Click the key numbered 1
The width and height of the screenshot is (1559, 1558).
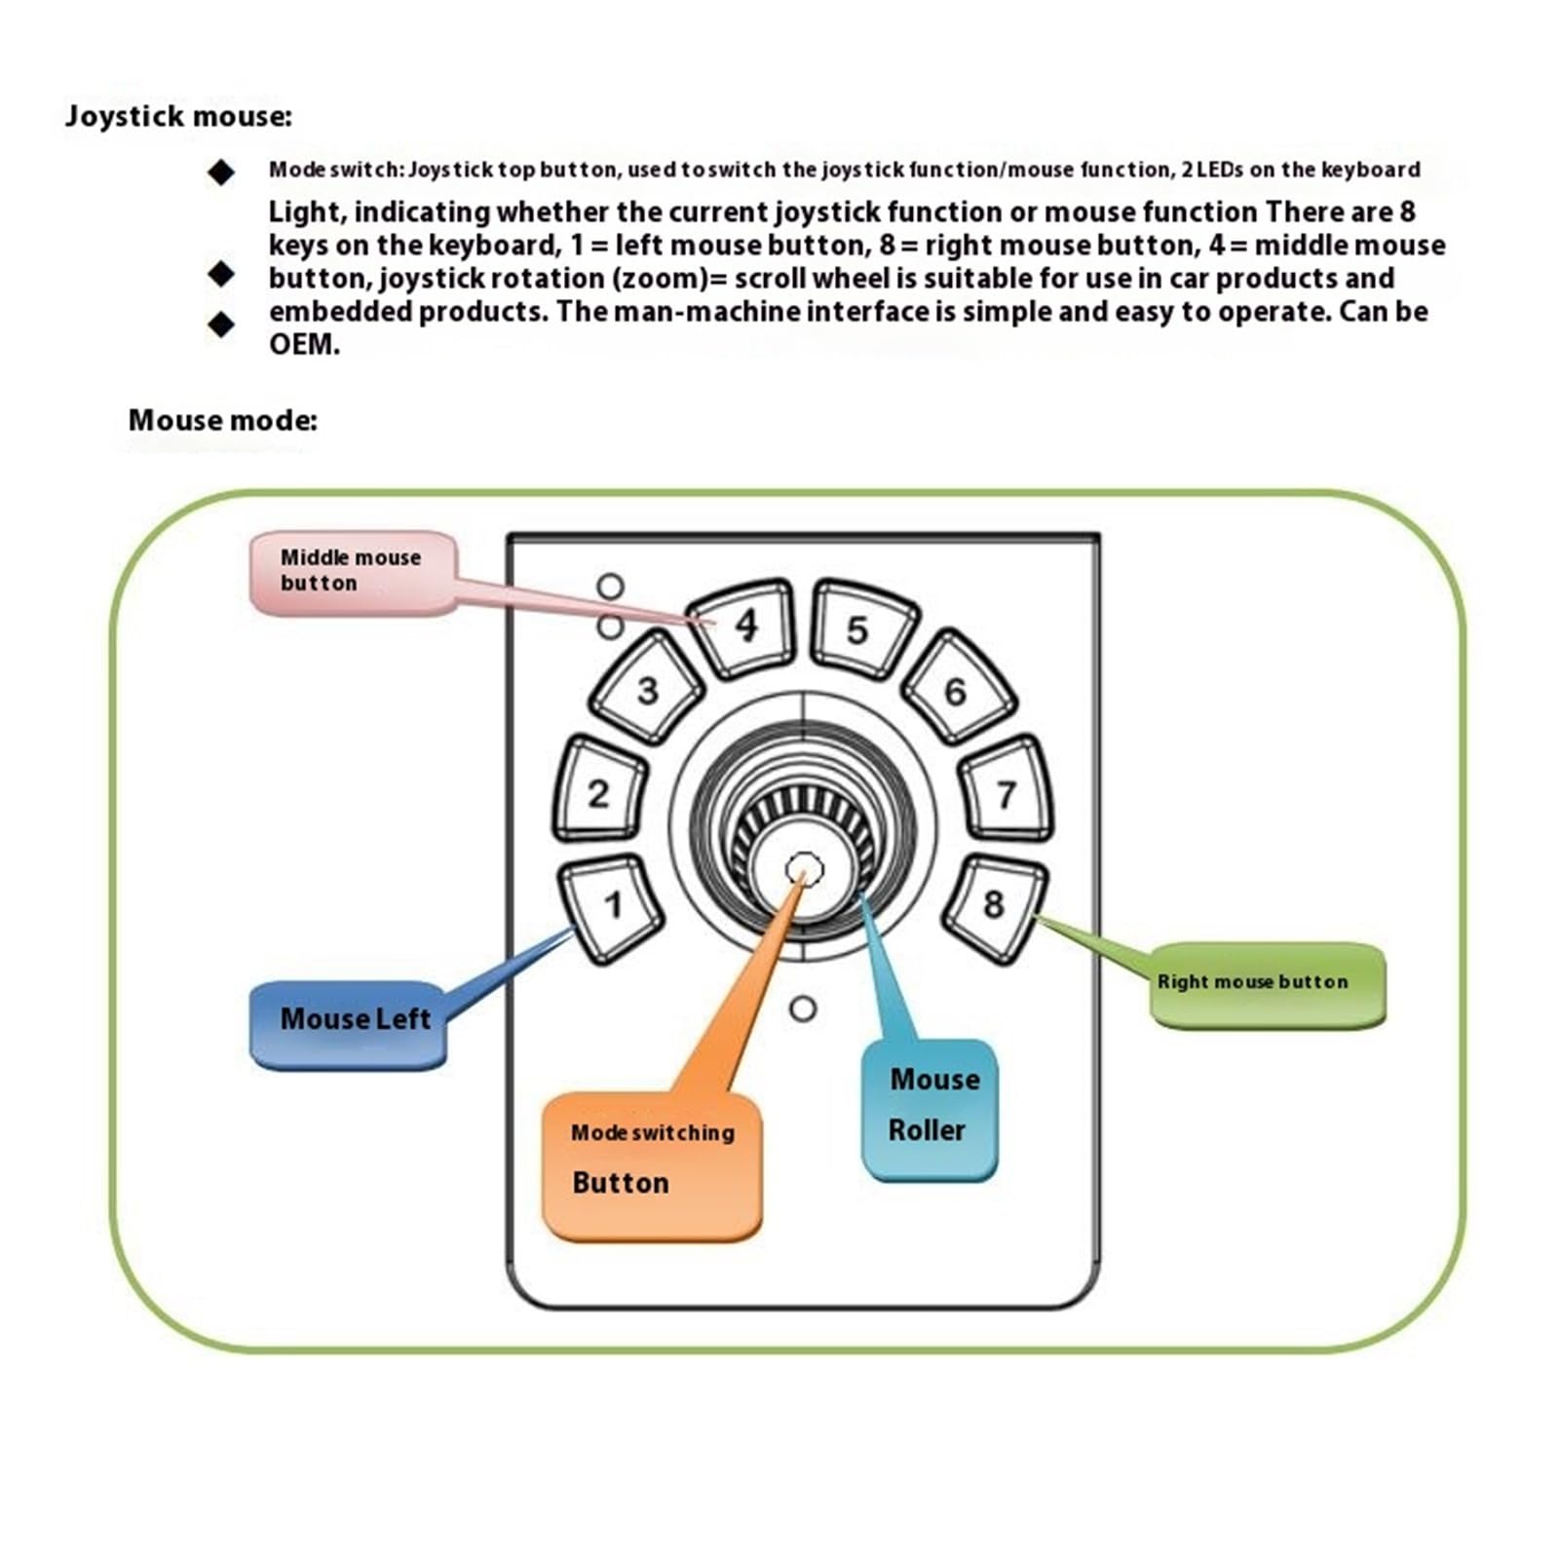611,908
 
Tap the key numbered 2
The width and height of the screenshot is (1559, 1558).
599,791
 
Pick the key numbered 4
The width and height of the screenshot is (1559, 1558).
742,627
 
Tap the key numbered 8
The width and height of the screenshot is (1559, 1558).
994,907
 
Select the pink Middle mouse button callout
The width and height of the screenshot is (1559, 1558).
353,573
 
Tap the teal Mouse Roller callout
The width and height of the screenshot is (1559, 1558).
930,1109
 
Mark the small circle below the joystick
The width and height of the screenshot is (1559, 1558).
803,1008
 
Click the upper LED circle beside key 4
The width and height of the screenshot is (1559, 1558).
611,587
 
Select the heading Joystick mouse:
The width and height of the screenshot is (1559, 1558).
178,117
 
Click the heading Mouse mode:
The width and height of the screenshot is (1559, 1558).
222,421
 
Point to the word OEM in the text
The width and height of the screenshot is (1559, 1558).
304,345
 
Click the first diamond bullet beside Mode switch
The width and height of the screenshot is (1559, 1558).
221,172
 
